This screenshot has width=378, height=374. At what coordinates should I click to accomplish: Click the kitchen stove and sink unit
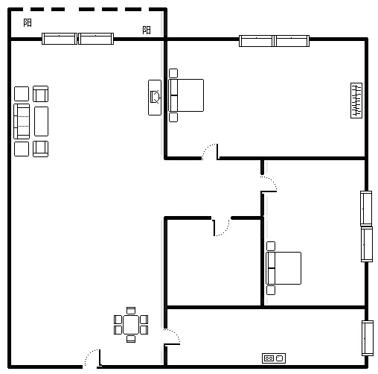coord(274,358)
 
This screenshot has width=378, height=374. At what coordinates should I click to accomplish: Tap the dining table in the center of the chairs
coord(131,325)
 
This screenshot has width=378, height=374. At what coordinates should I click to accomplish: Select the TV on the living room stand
coord(156,97)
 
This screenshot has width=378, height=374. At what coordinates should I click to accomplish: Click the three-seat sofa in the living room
coord(22,121)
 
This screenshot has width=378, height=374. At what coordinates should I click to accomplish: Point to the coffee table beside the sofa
coord(41,121)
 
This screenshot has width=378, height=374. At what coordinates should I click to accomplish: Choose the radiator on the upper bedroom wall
coord(356,101)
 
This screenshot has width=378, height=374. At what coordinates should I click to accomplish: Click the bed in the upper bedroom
coord(186,95)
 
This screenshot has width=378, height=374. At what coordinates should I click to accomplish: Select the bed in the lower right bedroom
coord(283,268)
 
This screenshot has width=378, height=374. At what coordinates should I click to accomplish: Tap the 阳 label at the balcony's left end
coord(28,23)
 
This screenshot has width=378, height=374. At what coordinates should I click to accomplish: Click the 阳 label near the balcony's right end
coord(147,31)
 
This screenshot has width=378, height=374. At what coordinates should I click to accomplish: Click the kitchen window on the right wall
coord(368,338)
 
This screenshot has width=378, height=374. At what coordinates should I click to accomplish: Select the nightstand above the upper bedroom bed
coord(173,73)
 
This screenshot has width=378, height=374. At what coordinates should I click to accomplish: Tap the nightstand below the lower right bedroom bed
coord(271,290)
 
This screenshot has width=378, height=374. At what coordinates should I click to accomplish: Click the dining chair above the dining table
coord(131,311)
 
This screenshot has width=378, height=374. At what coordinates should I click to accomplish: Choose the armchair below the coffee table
coord(41,149)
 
